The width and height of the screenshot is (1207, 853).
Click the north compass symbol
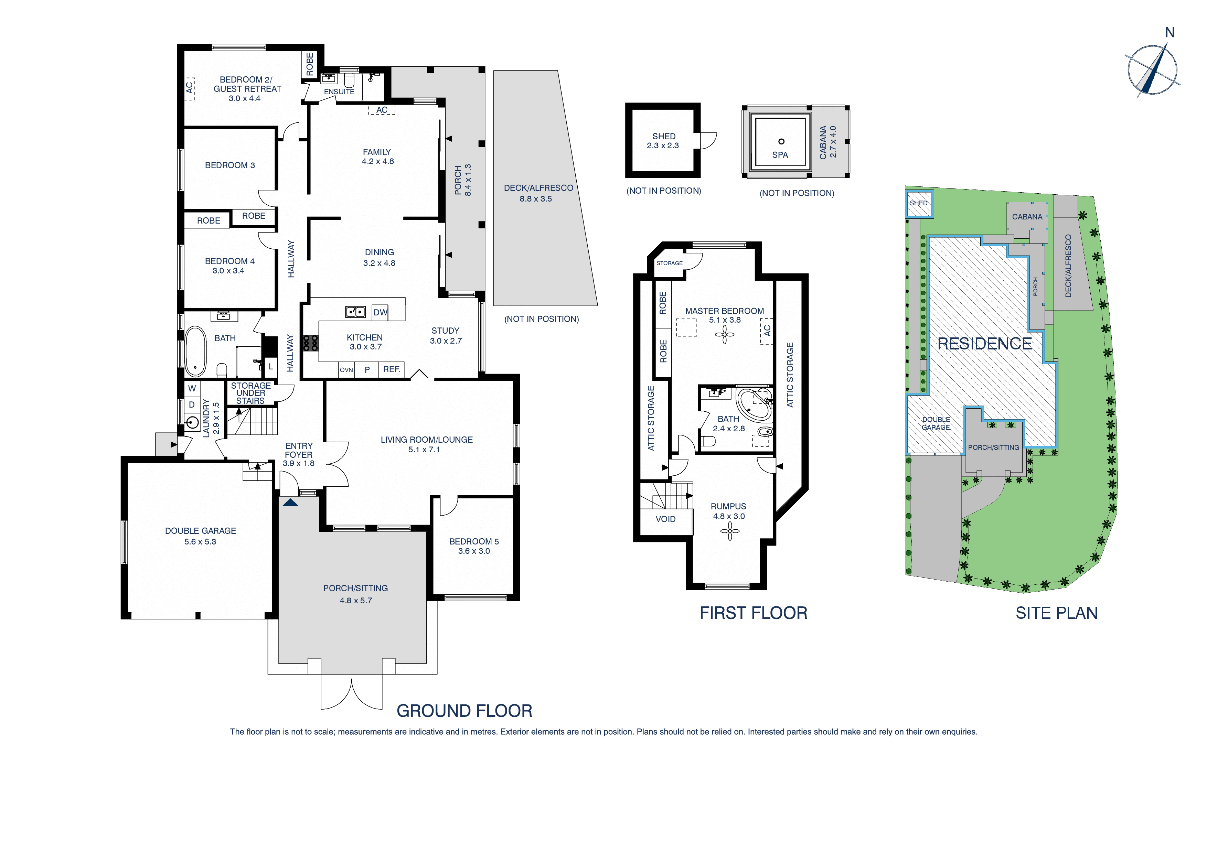pyautogui.click(x=1152, y=70)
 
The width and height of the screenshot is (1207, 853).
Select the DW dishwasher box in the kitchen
pyautogui.click(x=380, y=312)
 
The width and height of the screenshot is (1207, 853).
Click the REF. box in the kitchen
pyautogui.click(x=392, y=369)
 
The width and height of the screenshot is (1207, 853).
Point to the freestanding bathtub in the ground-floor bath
pyautogui.click(x=195, y=351)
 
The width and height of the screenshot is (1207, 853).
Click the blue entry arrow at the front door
pyautogui.click(x=290, y=503)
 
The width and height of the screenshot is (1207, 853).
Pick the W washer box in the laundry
pyautogui.click(x=192, y=388)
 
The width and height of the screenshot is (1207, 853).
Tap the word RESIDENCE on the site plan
pyautogui.click(x=985, y=344)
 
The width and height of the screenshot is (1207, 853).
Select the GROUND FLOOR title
pyautogui.click(x=464, y=711)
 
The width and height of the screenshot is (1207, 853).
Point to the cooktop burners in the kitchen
pyautogui.click(x=310, y=343)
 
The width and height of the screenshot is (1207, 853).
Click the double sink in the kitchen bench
pyautogui.click(x=355, y=312)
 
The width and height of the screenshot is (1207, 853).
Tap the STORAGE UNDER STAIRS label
pyautogui.click(x=251, y=393)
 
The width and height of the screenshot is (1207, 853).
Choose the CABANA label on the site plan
pyautogui.click(x=1027, y=217)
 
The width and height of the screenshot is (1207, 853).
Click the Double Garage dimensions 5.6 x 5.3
pyautogui.click(x=200, y=542)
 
